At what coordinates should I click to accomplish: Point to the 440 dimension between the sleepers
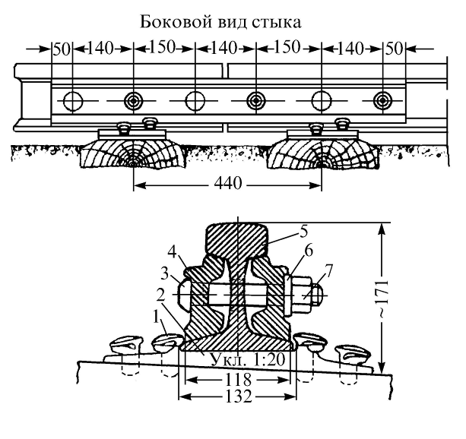(227, 184)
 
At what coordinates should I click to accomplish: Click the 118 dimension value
(237, 378)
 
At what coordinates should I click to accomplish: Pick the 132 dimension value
(236, 396)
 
